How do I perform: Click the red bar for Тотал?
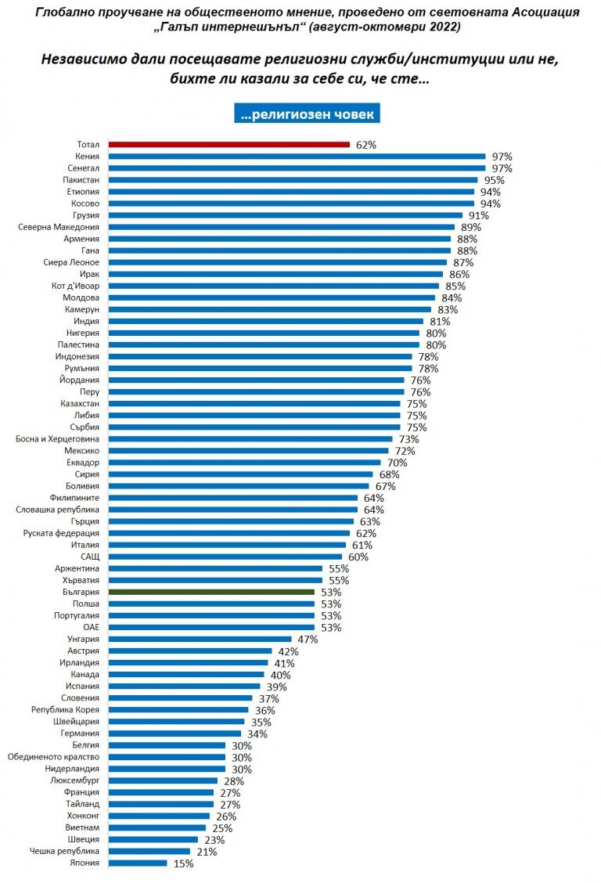tap(229, 144)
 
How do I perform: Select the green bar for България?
tap(211, 593)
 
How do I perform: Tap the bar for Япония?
tap(138, 863)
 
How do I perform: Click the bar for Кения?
tap(297, 156)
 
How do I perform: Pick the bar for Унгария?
tap(200, 640)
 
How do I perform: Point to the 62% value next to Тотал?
tap(365, 145)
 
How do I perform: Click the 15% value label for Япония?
tap(182, 863)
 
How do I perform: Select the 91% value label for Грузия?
tap(478, 215)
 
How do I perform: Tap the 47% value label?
tap(307, 640)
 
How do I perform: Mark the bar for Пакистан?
tap(293, 180)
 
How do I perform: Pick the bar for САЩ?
tap(227, 557)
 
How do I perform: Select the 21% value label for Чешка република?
tap(206, 852)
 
